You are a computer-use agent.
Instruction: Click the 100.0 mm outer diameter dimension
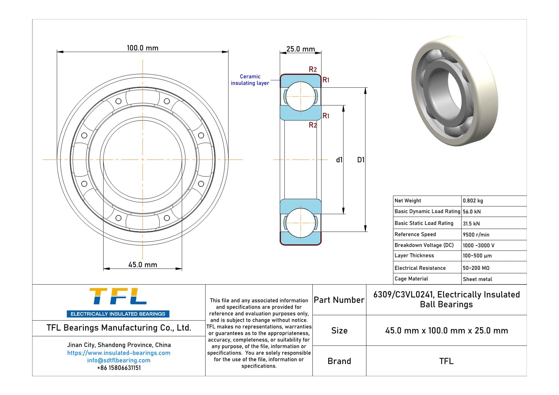pyautogui.click(x=142, y=48)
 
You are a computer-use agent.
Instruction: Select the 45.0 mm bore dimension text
pyautogui.click(x=142, y=265)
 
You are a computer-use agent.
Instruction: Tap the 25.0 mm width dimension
pyautogui.click(x=300, y=49)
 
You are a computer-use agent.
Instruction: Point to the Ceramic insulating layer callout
pyautogui.click(x=250, y=80)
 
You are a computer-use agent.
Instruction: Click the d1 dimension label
pyautogui.click(x=339, y=160)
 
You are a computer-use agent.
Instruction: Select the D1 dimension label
pyautogui.click(x=361, y=160)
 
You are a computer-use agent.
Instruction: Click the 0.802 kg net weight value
pyautogui.click(x=473, y=201)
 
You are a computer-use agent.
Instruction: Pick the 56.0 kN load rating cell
pyautogui.click(x=471, y=212)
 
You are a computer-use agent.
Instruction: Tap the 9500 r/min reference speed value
pyautogui.click(x=476, y=235)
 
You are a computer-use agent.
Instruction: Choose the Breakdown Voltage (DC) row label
pyautogui.click(x=424, y=245)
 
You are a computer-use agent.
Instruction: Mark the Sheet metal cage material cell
pyautogui.click(x=477, y=279)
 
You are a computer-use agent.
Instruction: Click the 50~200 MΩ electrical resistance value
pyautogui.click(x=476, y=268)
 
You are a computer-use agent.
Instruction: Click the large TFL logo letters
pyautogui.click(x=118, y=296)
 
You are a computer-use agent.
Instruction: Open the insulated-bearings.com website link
pyautogui.click(x=118, y=353)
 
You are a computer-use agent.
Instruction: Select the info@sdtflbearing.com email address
pyautogui.click(x=118, y=360)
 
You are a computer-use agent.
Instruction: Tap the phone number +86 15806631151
pyautogui.click(x=118, y=368)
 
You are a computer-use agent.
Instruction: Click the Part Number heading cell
pyautogui.click(x=339, y=300)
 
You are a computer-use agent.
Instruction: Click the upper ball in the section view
pyautogui.click(x=300, y=97)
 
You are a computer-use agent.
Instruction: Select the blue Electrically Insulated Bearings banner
pyautogui.click(x=118, y=314)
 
